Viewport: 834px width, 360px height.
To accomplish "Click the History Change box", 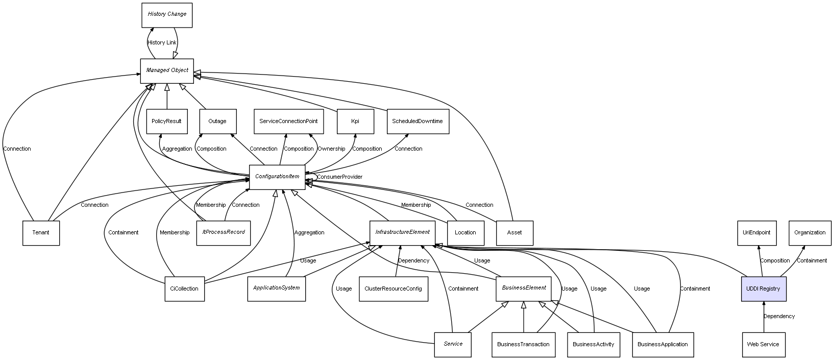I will point(167,15).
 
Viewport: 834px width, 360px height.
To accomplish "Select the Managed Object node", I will point(167,70).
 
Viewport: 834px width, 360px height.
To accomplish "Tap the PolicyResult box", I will point(166,122).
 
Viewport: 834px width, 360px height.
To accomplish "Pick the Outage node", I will point(217,122).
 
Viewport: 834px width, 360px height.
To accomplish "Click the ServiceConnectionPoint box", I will point(288,122).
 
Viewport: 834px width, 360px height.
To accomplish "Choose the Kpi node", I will point(355,122).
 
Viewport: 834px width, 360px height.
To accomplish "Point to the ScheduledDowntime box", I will point(418,122).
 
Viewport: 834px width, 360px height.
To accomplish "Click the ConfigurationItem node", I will point(277,177).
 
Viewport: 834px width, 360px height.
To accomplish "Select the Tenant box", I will point(41,233).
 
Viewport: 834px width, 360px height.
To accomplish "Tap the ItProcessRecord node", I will point(223,232).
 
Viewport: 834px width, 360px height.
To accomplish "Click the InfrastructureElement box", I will point(402,232).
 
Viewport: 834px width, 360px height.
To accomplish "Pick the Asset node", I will point(514,233).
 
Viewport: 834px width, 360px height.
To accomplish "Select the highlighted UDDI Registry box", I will point(763,289).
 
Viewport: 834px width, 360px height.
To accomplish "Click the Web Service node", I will point(763,345).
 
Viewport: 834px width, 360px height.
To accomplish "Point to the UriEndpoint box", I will point(757,233).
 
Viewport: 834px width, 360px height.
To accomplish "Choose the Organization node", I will point(810,233).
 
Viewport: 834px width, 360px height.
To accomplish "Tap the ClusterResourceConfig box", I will point(393,289).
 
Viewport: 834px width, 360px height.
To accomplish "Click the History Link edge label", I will point(162,43).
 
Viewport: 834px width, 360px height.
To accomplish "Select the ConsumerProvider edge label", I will point(339,177).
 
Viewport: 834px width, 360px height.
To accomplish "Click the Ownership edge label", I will point(331,149).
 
